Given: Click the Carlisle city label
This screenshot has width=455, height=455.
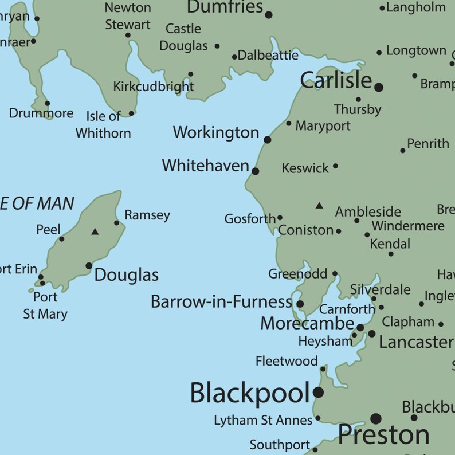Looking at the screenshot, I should (x=336, y=81).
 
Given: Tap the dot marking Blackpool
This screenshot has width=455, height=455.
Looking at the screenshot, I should (x=318, y=393).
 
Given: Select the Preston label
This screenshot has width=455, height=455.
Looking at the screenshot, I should (x=383, y=435).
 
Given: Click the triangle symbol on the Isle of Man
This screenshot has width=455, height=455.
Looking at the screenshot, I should (x=95, y=232).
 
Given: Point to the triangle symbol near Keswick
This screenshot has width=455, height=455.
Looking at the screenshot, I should (x=319, y=205).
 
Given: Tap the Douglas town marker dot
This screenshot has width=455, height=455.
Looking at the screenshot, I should (x=89, y=265).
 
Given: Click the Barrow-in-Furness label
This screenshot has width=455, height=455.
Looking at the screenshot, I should (x=221, y=302).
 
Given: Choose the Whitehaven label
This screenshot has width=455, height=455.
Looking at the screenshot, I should (x=205, y=166).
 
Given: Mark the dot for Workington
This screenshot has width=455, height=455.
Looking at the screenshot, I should (x=267, y=139).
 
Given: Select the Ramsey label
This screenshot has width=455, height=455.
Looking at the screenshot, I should (x=147, y=215).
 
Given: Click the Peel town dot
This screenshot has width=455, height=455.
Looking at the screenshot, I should (x=62, y=239).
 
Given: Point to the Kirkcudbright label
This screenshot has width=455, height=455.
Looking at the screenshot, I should (x=153, y=87).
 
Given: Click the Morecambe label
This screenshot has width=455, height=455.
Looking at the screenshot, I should (x=307, y=323).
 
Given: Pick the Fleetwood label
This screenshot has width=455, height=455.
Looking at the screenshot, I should (x=287, y=361).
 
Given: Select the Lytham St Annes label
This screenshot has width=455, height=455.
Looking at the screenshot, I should (x=263, y=421).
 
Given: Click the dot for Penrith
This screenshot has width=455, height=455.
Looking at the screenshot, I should (x=403, y=151).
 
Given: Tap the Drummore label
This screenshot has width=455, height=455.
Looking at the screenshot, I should (x=41, y=113).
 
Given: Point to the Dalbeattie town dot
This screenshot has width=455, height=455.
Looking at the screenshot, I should (x=234, y=57).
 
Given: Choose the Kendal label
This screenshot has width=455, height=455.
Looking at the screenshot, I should (x=390, y=244).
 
